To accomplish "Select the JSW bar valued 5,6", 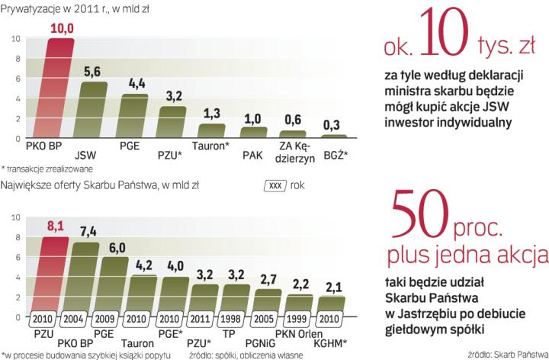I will tap(92, 110).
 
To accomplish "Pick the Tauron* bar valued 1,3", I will tap(211, 130).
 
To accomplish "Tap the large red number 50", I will tap(414, 211).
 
